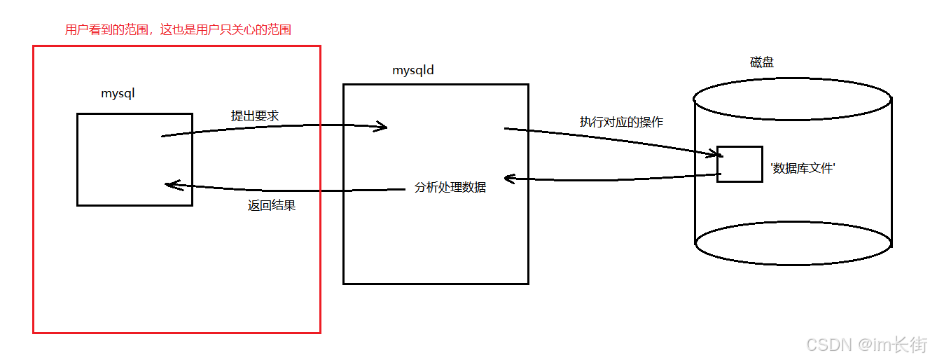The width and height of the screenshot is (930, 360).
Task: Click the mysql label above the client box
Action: tap(117, 93)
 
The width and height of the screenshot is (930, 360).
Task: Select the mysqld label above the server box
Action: tap(413, 71)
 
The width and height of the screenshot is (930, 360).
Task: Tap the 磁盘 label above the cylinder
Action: tap(762, 62)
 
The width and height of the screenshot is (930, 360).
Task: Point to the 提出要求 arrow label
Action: tap(255, 116)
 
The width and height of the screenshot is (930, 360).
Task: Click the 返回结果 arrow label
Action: tap(272, 206)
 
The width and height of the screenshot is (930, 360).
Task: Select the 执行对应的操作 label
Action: tap(621, 121)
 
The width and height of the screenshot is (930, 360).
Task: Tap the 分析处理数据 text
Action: tap(450, 188)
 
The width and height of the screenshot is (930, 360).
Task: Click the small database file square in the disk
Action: tap(740, 164)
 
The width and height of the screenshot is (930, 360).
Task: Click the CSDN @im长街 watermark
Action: tap(867, 345)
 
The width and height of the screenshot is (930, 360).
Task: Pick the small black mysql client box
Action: tap(134, 160)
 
